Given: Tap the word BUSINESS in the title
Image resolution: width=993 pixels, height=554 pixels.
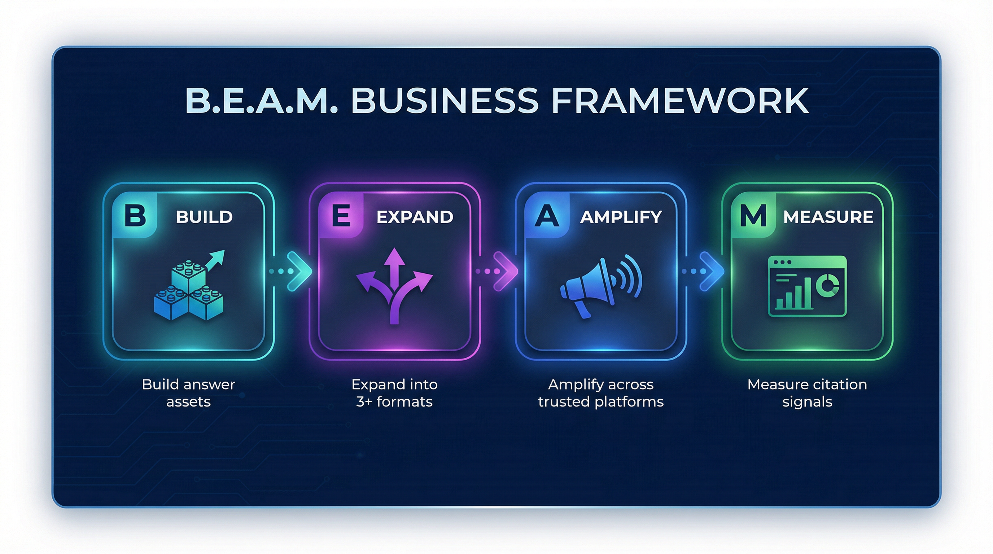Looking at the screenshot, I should click(445, 101).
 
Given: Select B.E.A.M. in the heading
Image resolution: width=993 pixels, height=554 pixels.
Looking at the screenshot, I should click(261, 101).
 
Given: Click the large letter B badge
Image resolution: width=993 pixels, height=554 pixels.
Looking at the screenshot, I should click(135, 215).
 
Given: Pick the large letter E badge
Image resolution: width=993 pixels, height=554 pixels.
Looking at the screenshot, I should click(341, 215).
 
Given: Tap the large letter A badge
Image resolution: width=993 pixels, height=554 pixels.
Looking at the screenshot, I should click(547, 216).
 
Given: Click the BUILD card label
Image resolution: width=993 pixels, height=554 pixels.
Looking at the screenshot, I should click(204, 217).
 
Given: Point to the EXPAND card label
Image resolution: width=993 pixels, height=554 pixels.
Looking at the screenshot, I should click(415, 217).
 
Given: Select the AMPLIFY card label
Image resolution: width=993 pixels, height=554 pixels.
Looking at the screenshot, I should click(621, 217).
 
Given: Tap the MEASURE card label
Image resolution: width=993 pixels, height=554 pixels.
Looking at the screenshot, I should click(828, 217).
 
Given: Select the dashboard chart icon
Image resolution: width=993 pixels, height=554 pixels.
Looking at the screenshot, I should click(807, 286).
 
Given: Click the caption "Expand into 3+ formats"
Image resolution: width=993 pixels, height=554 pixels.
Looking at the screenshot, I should click(394, 393).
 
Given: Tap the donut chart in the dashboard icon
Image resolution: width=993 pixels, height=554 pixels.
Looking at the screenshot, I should click(828, 285).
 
